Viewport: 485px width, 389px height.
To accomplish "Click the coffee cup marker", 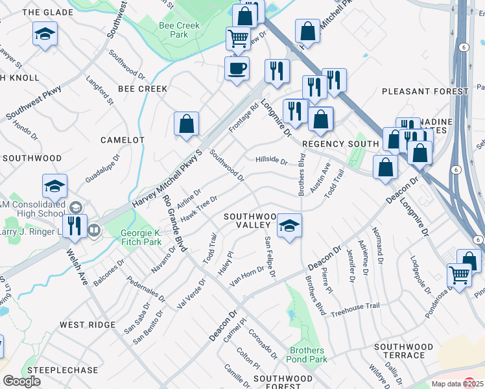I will coord(237,67).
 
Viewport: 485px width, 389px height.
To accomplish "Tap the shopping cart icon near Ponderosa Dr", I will coord(459,274).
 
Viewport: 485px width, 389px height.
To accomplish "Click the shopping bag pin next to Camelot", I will coord(186,123).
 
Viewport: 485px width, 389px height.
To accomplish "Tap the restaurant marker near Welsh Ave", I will coord(75,226).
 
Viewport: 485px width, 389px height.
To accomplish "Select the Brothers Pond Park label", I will coord(308,355).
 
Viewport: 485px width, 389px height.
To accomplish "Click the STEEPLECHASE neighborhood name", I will coord(62,370).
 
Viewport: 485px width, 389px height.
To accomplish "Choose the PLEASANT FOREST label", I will coord(425,91).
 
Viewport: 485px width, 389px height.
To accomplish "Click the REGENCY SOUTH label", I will coord(340,143).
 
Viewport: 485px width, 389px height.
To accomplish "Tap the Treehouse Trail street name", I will coord(355,310).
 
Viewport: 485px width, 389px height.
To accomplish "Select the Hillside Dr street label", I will coord(271,160).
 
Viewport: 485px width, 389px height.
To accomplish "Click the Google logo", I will coord(22,381).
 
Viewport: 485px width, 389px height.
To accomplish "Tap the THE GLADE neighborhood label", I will coord(49,12).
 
